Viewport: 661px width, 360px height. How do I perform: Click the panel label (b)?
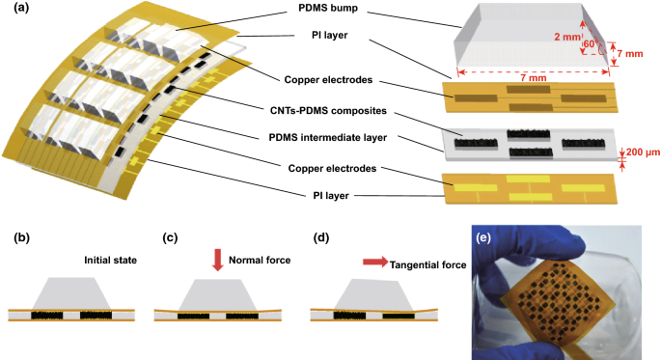16,236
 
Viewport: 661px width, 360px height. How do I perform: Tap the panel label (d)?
321,236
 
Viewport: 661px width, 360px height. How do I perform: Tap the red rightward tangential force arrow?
372,262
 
